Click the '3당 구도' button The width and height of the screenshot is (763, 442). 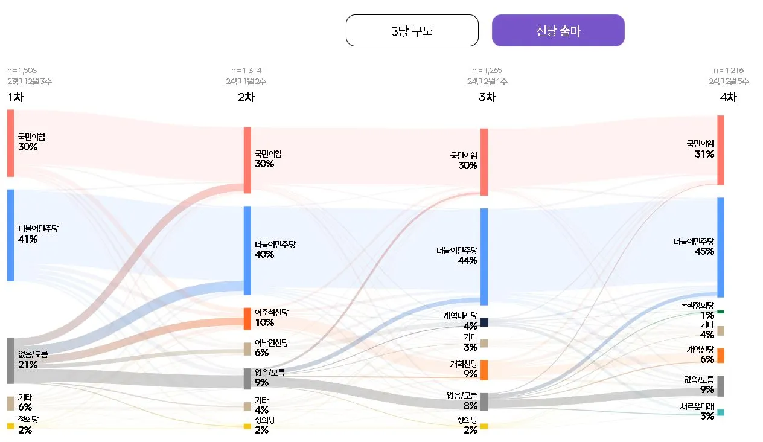click(x=412, y=31)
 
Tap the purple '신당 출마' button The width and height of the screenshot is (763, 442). click(x=558, y=31)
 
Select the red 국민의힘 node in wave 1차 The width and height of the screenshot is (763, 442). click(x=10, y=143)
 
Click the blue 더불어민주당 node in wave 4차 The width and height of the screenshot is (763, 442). click(x=720, y=247)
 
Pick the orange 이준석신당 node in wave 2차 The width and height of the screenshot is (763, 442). click(x=247, y=319)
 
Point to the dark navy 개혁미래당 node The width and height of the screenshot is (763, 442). click(x=484, y=322)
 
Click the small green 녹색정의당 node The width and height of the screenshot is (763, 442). click(x=720, y=312)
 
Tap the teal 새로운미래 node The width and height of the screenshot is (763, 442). click(x=720, y=412)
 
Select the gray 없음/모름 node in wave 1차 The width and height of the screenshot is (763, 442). click(x=10, y=360)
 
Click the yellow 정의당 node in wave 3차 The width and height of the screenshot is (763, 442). click(x=484, y=426)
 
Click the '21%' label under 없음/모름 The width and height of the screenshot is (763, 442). click(x=28, y=365)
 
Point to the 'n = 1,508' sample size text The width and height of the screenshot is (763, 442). click(x=22, y=71)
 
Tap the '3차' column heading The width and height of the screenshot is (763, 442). click(x=487, y=97)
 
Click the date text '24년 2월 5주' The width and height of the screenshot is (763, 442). click(x=729, y=82)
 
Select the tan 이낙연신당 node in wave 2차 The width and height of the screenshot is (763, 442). click(x=247, y=349)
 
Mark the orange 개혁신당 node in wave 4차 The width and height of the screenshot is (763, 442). click(x=720, y=356)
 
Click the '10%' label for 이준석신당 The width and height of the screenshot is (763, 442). click(x=264, y=322)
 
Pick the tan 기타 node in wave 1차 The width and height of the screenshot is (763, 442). click(x=10, y=403)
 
